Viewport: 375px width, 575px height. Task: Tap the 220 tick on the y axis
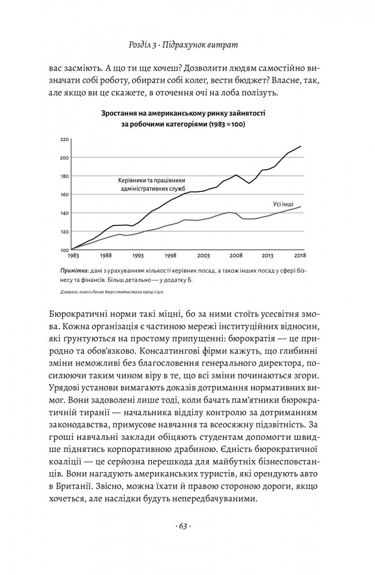coord(64,139)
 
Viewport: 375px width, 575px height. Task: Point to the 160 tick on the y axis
coord(64,194)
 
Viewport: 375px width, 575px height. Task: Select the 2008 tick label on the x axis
coord(235,255)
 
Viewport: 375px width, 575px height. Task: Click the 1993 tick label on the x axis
coord(138,255)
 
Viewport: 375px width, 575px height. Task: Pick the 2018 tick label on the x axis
coord(300,255)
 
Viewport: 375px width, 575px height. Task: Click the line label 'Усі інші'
coord(283,204)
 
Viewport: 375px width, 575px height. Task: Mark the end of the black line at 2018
coord(300,146)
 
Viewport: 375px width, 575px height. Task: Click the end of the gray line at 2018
coord(300,206)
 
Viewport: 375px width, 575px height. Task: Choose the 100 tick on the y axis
coord(64,250)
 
